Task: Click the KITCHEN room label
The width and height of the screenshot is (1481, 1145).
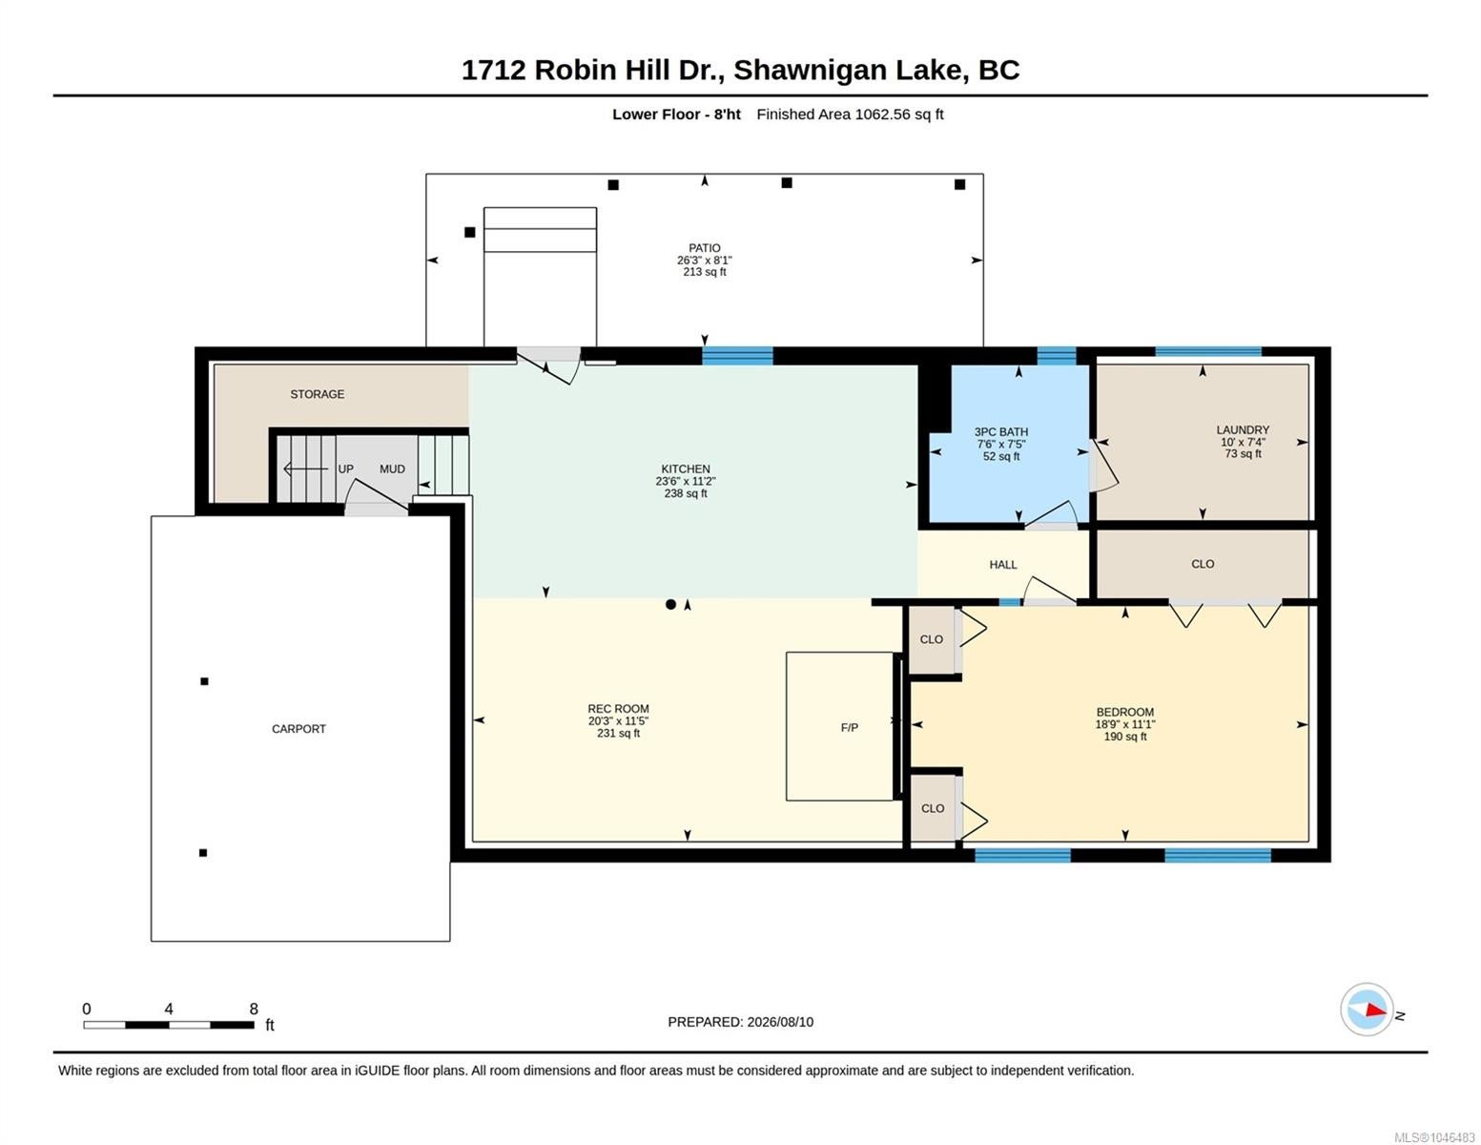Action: pos(685,469)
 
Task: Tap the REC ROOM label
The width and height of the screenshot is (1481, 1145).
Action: pos(618,709)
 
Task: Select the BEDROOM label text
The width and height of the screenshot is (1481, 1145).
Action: pos(1124,712)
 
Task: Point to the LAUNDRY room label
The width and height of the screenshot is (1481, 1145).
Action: pos(1243,430)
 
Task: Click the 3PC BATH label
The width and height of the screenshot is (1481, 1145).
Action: pos(1000,432)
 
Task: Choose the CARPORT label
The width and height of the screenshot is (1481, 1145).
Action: pos(298,729)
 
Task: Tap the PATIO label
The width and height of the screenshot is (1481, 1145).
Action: pos(704,248)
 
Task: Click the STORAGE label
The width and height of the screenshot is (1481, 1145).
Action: pos(317,394)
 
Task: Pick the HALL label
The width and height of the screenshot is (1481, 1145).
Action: pos(1002,565)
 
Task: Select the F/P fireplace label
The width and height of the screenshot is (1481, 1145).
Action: pos(849,728)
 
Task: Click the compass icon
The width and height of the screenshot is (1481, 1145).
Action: pos(1367,1010)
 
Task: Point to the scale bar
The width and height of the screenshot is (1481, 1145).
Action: pos(169,1025)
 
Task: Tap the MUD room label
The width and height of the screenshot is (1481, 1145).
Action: pos(392,469)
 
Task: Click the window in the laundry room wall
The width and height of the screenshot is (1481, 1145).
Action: pos(1207,352)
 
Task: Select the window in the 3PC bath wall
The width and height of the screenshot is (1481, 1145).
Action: pos(1056,355)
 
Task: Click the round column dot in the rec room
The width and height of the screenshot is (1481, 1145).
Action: pos(670,604)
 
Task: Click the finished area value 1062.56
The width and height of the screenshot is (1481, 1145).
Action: pos(883,114)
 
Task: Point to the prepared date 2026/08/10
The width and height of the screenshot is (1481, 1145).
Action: pos(780,1022)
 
